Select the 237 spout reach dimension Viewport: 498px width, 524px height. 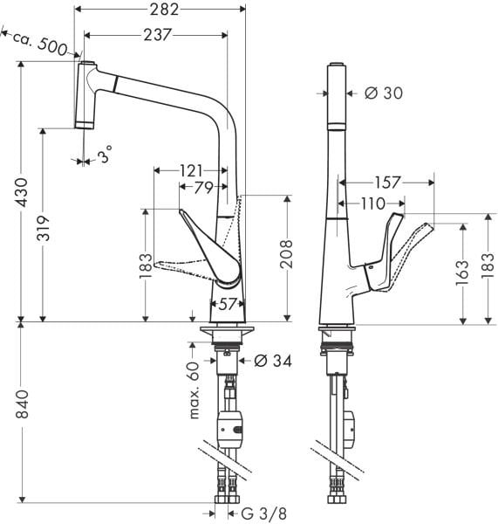(x=157, y=34)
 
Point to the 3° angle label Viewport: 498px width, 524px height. (x=105, y=158)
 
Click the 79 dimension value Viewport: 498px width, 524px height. (x=203, y=188)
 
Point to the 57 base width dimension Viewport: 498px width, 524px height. (x=227, y=305)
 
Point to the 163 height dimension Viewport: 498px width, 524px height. (x=462, y=272)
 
